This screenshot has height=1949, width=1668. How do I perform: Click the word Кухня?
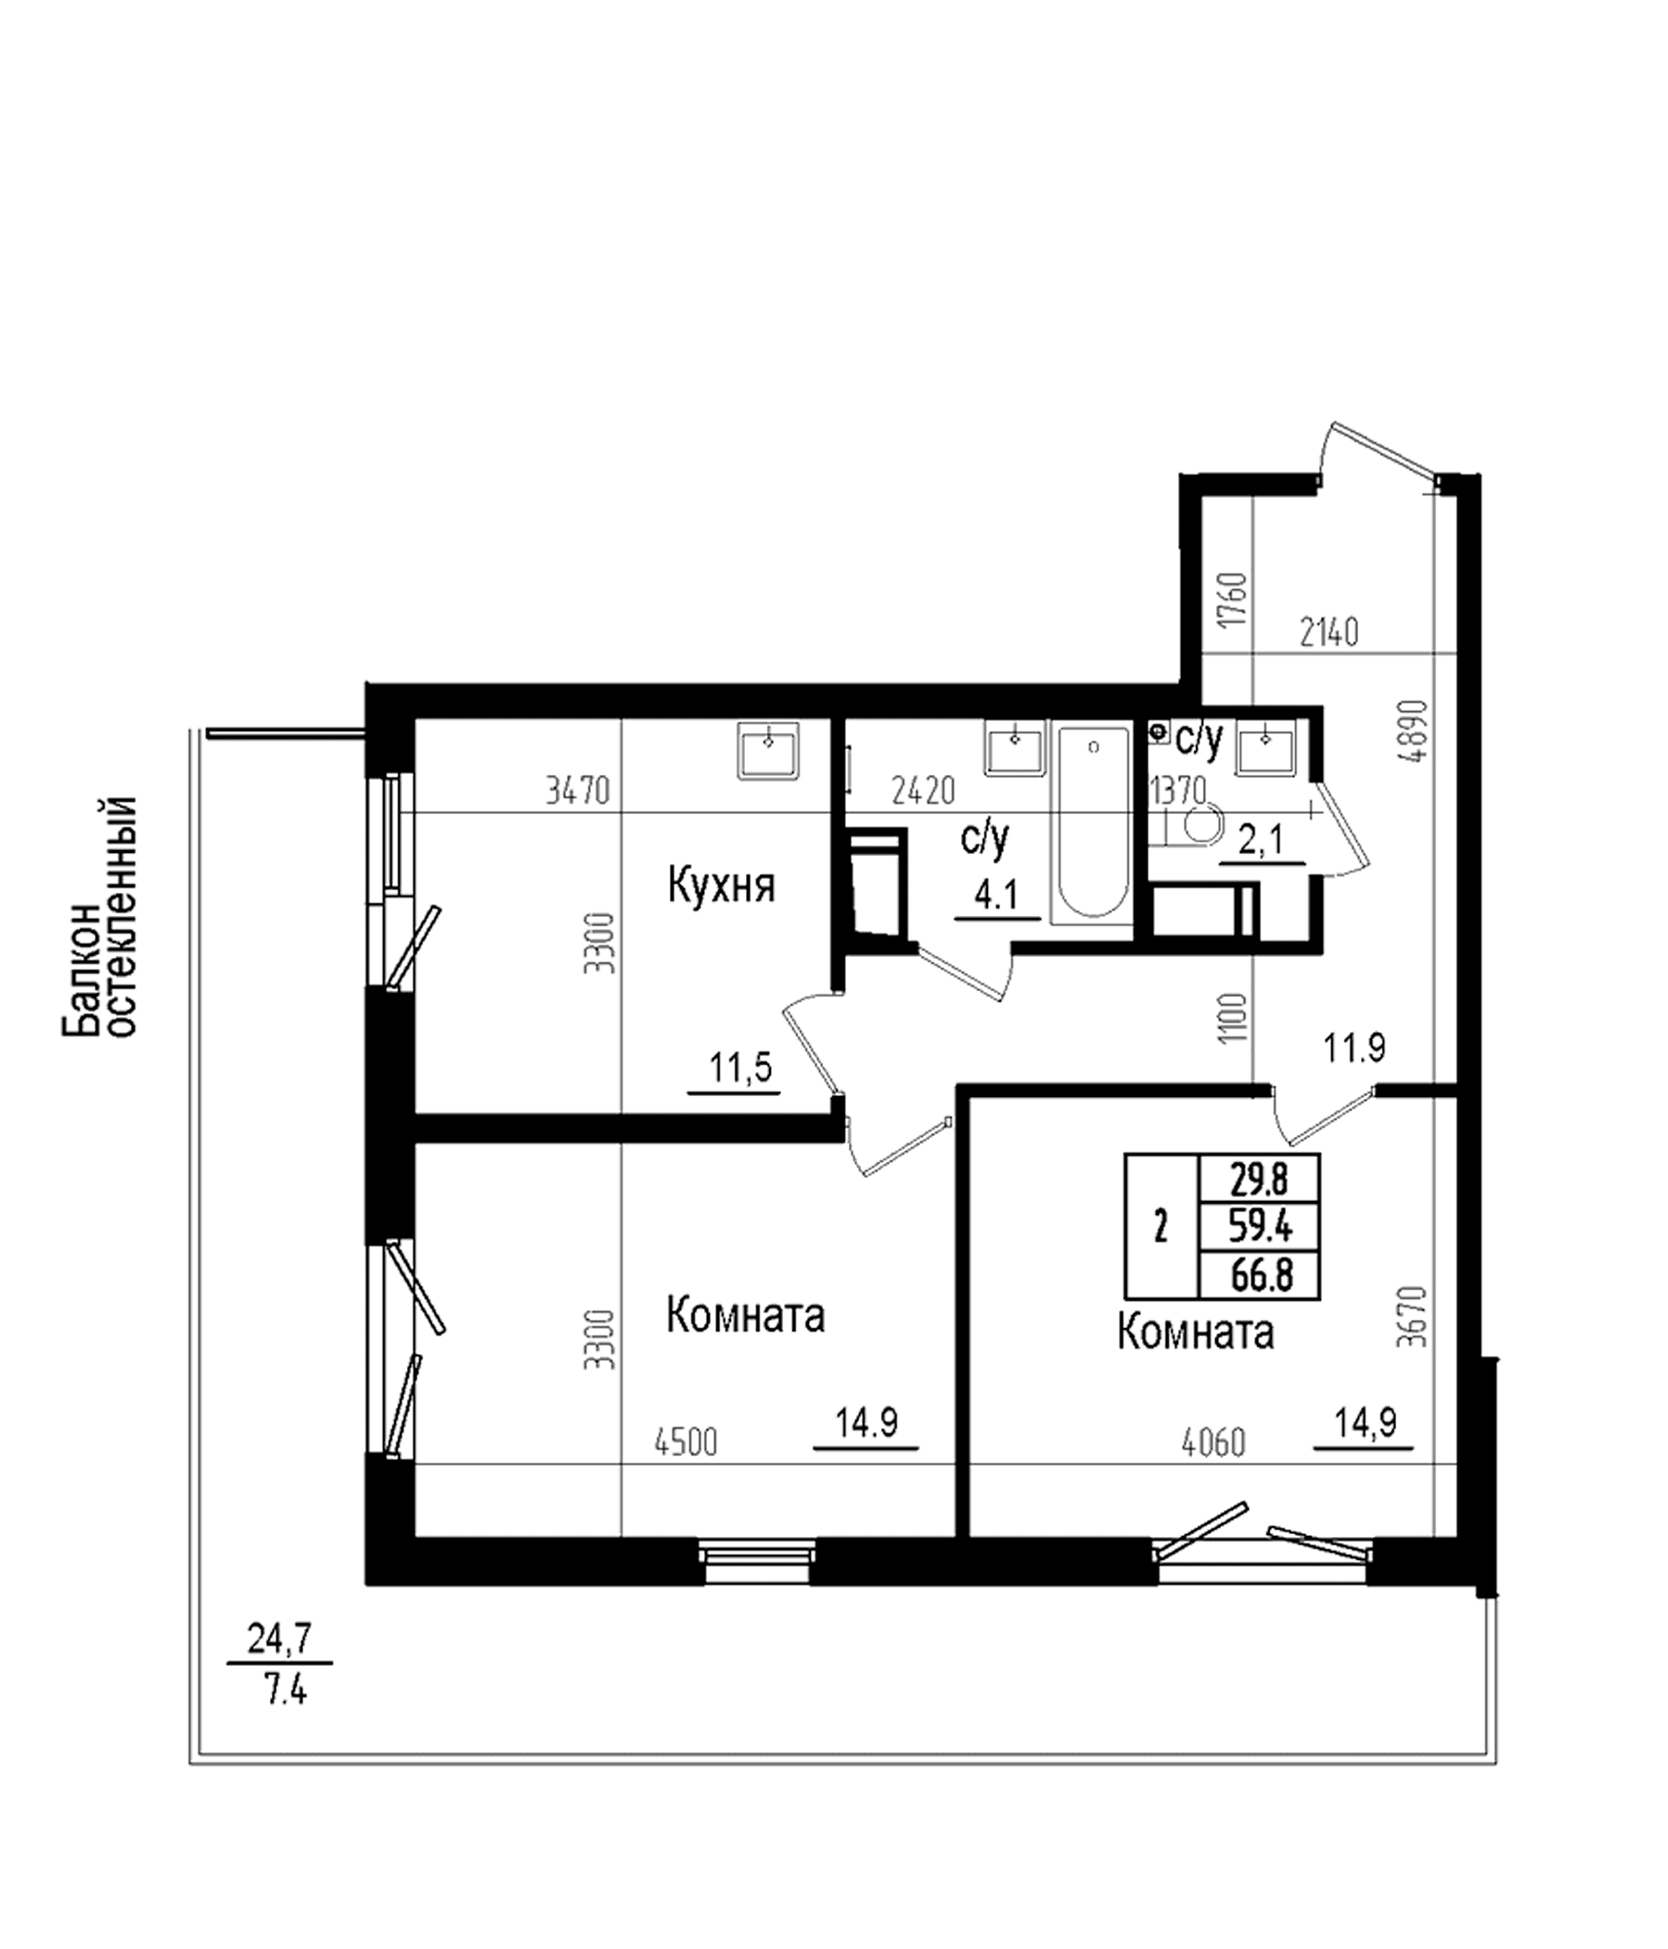pos(721,886)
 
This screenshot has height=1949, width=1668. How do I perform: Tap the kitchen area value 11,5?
pos(741,1067)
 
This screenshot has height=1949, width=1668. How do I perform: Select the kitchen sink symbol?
pos(768,750)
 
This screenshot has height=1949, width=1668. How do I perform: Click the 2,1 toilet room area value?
pos(1261,839)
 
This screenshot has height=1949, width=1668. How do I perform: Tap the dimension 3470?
pos(578,790)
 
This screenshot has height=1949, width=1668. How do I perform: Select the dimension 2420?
pos(923,790)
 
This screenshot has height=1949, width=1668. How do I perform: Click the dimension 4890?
pos(1413,731)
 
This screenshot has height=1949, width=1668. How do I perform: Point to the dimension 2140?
pos(1329,633)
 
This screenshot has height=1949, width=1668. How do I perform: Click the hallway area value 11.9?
pos(1354,1047)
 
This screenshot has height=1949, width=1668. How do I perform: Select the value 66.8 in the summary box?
pos(1261,1276)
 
